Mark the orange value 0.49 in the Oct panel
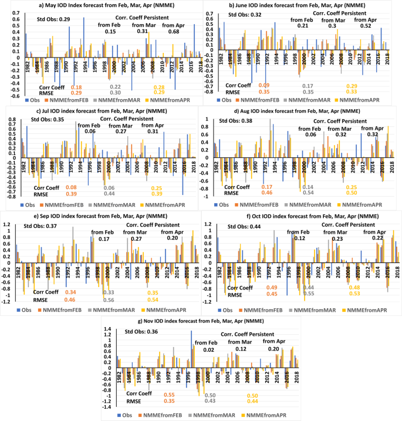coord(272,287)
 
